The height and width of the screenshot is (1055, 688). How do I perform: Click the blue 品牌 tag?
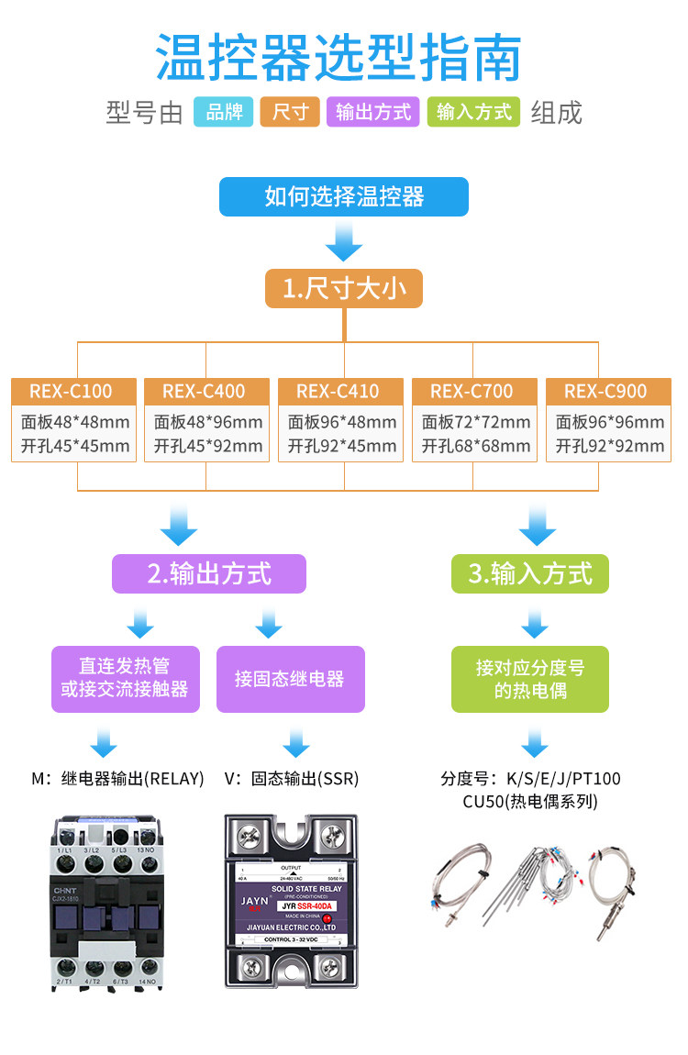click(x=223, y=112)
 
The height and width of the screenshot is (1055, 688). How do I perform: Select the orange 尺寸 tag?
click(x=290, y=112)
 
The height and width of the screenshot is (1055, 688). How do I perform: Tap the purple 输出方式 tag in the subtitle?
click(x=373, y=112)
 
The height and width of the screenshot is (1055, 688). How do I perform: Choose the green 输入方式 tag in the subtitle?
click(x=473, y=112)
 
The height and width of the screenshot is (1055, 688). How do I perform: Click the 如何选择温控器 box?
click(x=344, y=196)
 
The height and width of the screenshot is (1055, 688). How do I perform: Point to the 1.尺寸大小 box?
click(x=344, y=289)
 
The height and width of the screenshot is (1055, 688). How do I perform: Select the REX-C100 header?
click(x=71, y=391)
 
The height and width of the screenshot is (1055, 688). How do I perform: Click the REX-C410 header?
click(x=338, y=391)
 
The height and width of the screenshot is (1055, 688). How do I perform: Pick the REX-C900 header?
click(x=605, y=391)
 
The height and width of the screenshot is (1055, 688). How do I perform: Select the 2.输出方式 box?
click(x=209, y=574)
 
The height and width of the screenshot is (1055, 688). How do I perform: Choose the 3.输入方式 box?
click(x=530, y=574)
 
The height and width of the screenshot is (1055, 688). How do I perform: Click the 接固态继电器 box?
click(x=290, y=679)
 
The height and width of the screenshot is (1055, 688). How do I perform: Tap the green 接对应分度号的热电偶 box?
click(x=530, y=679)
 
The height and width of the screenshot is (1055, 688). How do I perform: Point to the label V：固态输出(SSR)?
click(x=292, y=779)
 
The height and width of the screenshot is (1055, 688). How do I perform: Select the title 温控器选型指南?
click(x=338, y=57)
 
